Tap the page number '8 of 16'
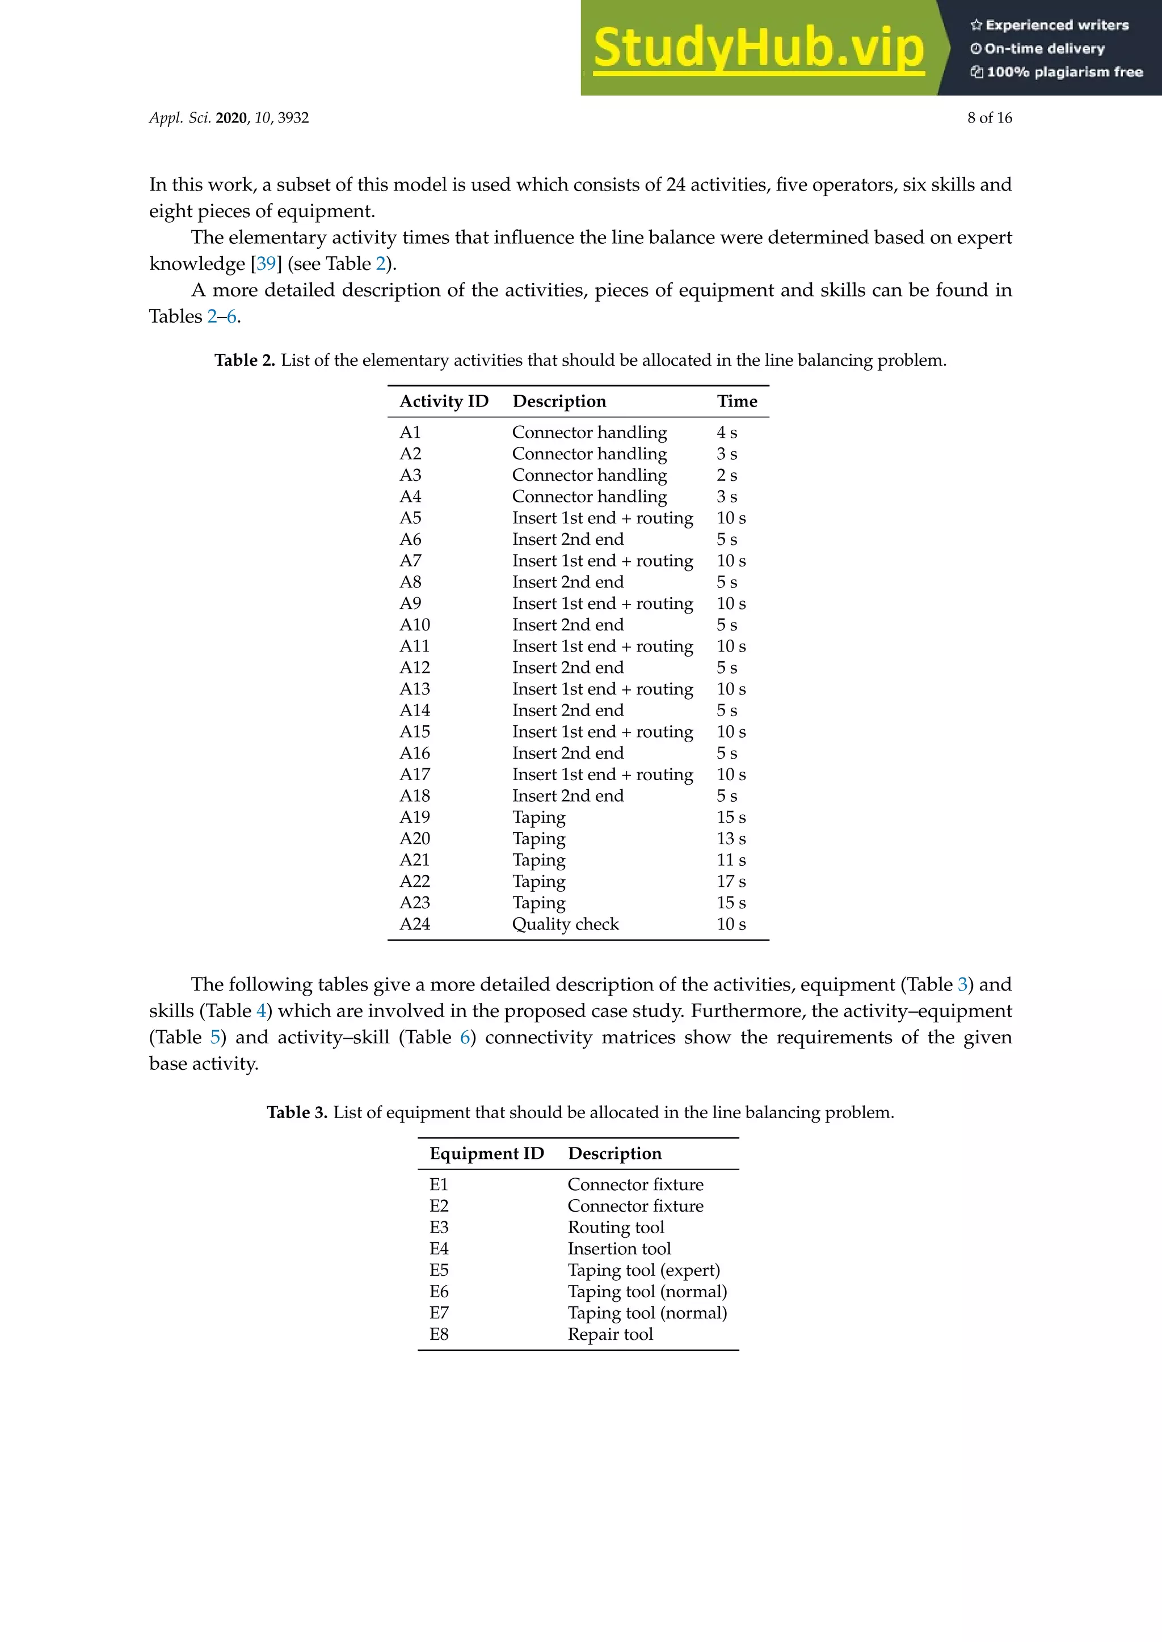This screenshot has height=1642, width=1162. click(990, 118)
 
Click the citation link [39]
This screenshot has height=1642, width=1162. click(266, 264)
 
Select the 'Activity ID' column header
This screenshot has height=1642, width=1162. click(444, 401)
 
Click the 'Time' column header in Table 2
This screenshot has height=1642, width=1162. click(736, 401)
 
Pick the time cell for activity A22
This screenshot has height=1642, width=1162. click(731, 881)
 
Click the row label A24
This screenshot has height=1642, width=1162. click(414, 924)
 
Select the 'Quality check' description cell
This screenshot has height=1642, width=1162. click(565, 924)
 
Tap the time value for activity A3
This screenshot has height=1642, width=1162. click(726, 475)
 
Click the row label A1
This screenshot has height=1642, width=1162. click(410, 432)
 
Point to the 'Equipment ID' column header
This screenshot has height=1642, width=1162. click(487, 1154)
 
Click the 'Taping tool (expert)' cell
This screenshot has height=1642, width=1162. click(643, 1270)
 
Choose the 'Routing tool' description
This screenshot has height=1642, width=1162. click(616, 1227)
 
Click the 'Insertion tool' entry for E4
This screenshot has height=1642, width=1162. click(619, 1249)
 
